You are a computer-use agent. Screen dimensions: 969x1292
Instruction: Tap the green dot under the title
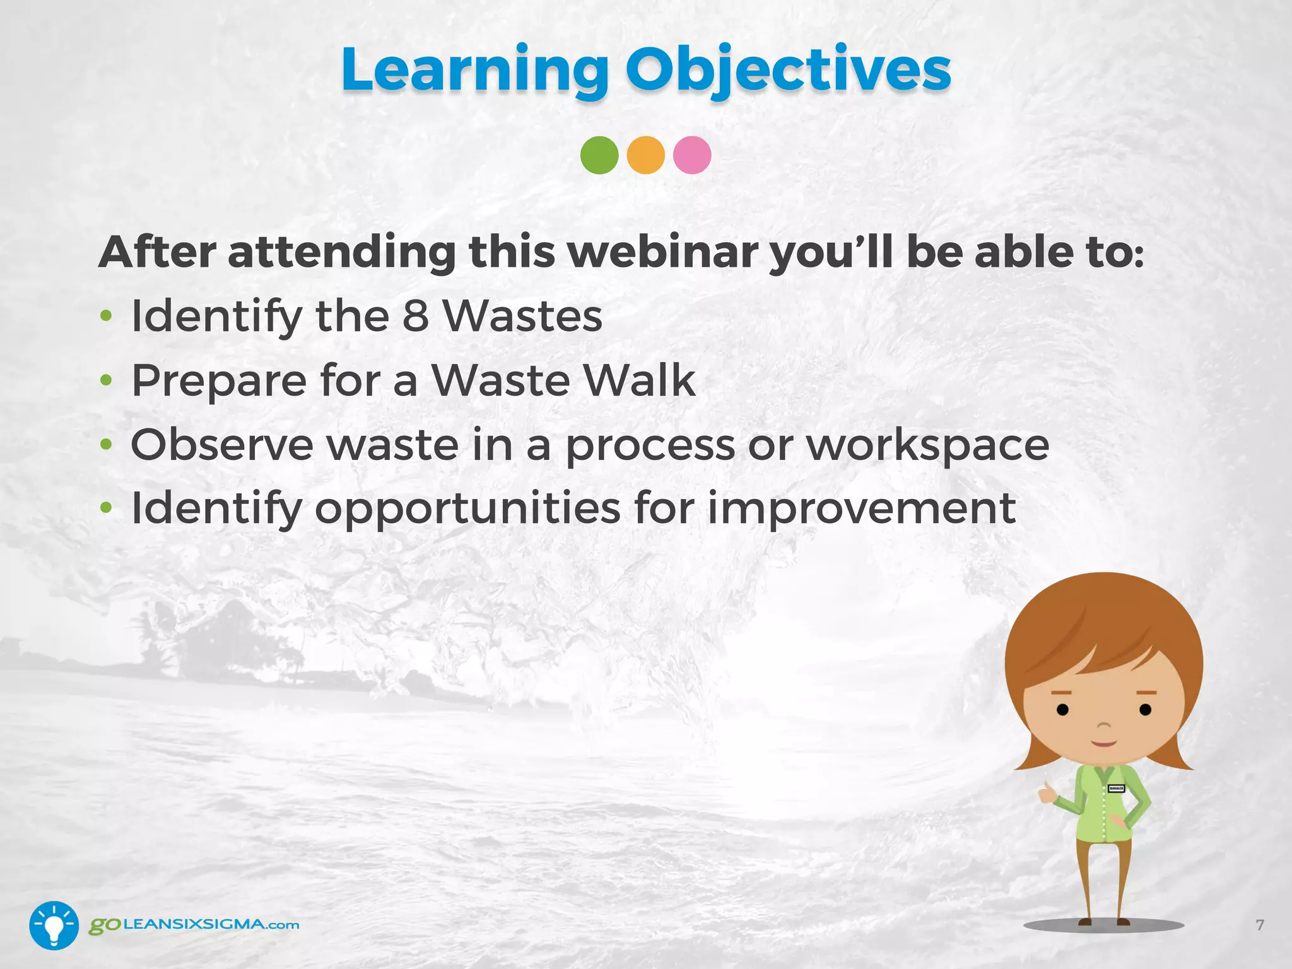[599, 155]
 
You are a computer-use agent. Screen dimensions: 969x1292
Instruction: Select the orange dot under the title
[645, 155]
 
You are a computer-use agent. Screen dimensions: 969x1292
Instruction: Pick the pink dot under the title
[692, 155]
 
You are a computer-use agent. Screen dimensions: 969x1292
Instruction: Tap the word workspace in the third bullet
[927, 445]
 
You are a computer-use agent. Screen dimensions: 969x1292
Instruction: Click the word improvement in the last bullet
[861, 508]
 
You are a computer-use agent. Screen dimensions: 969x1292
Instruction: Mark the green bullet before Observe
[106, 445]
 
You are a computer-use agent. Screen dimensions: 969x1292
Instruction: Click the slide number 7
[1259, 925]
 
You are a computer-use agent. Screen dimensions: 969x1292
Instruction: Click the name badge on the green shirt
[1116, 789]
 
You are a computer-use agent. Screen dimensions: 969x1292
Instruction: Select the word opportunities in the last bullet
[467, 508]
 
